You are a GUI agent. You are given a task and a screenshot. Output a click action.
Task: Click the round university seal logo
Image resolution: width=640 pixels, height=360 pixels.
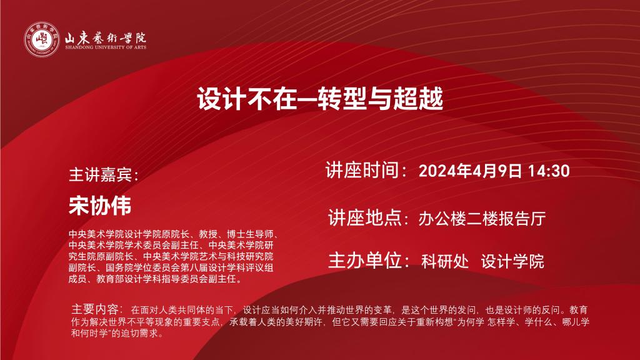[x=42, y=39]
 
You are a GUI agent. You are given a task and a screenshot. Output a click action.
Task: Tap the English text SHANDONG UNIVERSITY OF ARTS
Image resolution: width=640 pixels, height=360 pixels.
[x=106, y=47]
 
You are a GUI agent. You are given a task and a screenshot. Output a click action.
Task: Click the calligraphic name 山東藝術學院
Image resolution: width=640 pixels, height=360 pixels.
[x=105, y=38]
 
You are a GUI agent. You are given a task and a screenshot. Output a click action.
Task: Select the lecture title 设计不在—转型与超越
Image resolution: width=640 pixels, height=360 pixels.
[x=320, y=98]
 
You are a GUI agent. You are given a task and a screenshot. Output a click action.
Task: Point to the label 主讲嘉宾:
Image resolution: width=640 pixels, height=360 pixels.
[x=104, y=175]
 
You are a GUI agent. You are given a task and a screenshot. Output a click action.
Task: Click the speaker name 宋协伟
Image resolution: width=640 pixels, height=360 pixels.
[x=100, y=205]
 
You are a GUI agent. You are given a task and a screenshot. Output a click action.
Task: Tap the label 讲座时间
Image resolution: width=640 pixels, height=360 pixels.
[x=362, y=170]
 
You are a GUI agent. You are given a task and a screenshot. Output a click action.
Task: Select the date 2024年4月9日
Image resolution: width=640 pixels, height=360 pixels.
[x=470, y=171]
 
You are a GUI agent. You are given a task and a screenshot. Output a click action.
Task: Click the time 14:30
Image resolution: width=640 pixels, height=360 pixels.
[x=549, y=171]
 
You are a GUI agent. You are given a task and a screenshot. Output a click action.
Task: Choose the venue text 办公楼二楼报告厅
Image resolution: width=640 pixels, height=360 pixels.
[x=482, y=219]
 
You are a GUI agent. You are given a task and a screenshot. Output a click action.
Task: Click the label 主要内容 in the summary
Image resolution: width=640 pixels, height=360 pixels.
[x=95, y=309]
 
